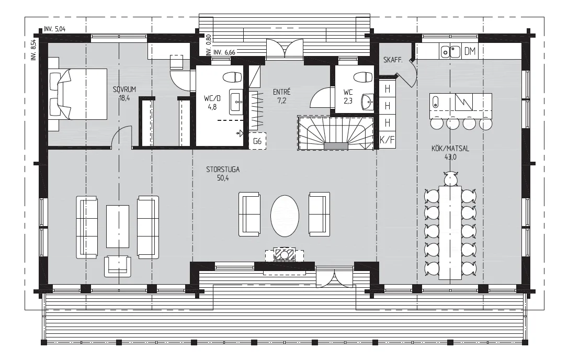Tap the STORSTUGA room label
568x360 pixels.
point(223,170)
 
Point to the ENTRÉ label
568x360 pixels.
point(282,92)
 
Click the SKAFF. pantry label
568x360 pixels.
point(393,60)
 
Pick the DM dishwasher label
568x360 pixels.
point(470,51)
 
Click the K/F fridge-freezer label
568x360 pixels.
point(387,140)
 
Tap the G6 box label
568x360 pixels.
point(257,141)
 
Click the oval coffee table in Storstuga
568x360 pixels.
point(285,216)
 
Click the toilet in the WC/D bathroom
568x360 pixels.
point(232,77)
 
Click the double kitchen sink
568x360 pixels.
point(450,51)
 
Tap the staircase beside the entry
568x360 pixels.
point(335,133)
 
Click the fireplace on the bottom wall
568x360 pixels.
point(285,254)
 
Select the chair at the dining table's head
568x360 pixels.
point(450,179)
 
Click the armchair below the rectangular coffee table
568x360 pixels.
point(118,266)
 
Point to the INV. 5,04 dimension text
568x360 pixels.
point(55,29)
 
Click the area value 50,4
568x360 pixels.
point(223,178)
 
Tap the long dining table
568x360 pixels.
point(450,232)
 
